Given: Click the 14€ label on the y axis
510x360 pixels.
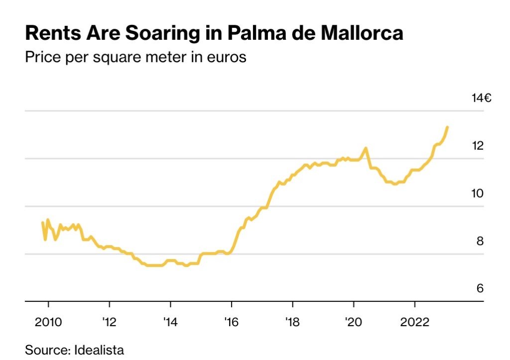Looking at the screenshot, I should [x=482, y=98].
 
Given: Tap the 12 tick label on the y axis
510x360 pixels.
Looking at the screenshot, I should [x=478, y=146].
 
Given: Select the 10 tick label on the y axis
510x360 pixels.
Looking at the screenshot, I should [x=478, y=193].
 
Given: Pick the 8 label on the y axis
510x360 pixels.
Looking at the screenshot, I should [x=480, y=241].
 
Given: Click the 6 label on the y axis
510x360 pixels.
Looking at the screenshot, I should [x=480, y=289].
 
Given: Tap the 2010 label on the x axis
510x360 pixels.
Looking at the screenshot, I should [x=48, y=322].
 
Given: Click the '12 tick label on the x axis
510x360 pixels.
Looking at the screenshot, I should [x=109, y=322].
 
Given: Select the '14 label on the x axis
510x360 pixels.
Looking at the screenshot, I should [x=170, y=322].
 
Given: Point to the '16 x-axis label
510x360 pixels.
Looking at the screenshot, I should [x=232, y=322].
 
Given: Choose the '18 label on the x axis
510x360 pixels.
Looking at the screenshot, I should [x=293, y=322].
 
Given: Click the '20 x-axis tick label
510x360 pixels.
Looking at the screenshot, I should [x=354, y=322].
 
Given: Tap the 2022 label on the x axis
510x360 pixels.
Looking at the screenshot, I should [x=415, y=322].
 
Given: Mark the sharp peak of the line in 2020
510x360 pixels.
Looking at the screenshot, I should [x=366, y=148].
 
